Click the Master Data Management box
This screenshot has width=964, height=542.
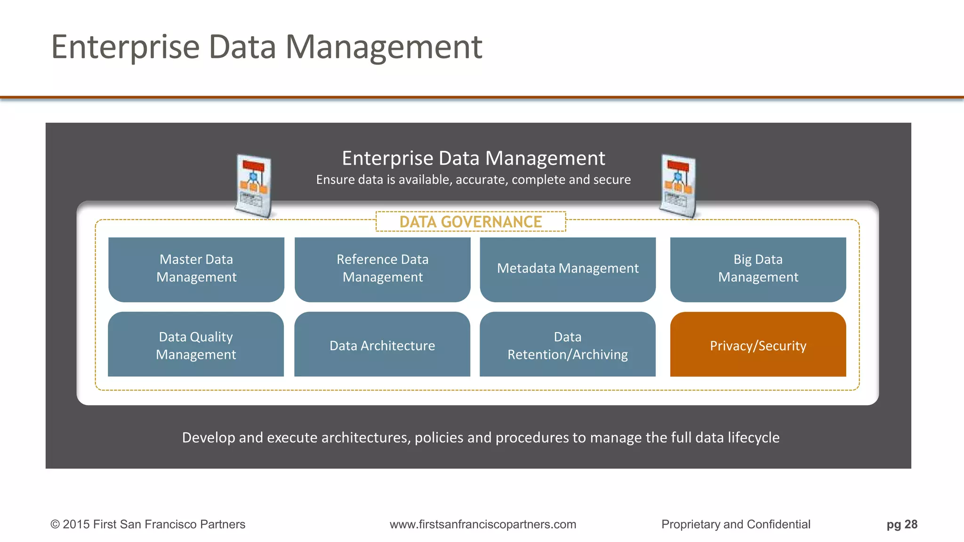196,269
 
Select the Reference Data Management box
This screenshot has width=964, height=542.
382,269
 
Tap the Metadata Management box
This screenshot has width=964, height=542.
568,269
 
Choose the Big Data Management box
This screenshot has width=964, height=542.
758,269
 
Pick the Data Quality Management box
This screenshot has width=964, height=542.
196,344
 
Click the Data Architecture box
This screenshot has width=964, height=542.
382,344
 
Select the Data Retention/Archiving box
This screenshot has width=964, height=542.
568,344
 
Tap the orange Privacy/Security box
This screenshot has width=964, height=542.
758,344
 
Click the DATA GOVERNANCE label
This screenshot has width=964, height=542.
471,222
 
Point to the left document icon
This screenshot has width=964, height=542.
254,186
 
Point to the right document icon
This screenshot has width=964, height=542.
678,186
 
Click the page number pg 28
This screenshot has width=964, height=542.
902,525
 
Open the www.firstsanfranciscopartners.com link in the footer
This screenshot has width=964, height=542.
483,525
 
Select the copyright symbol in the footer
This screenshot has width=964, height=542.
55,525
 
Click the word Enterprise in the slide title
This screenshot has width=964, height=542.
126,48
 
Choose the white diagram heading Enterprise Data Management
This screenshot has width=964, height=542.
474,158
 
